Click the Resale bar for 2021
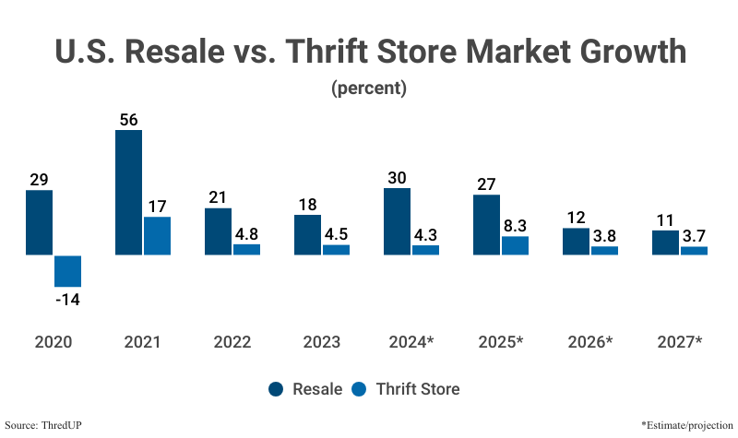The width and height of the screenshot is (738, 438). pyautogui.click(x=128, y=192)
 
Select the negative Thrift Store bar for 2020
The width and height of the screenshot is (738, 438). pyautogui.click(x=68, y=270)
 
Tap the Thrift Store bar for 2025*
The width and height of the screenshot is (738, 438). pyautogui.click(x=515, y=245)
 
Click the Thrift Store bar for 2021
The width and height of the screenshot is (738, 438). pyautogui.click(x=157, y=235)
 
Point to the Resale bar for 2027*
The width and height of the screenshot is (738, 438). pyautogui.click(x=665, y=243)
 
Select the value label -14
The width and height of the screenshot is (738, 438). pyautogui.click(x=68, y=300)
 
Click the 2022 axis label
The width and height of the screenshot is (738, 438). pyautogui.click(x=232, y=342)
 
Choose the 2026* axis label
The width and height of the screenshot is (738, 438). pyautogui.click(x=589, y=342)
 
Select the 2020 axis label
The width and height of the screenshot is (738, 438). pyautogui.click(x=53, y=342)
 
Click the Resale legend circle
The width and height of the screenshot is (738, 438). pyautogui.click(x=277, y=388)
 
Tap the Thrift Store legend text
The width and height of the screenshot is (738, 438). pyautogui.click(x=418, y=388)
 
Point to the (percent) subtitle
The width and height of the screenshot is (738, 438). pyautogui.click(x=368, y=89)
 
